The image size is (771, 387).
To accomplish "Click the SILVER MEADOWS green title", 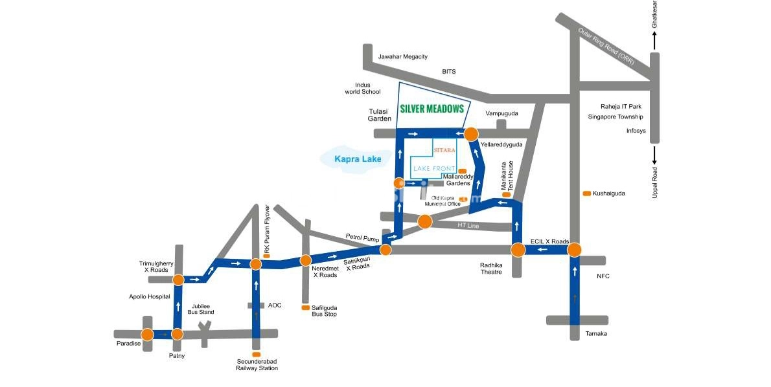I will pos(432,109).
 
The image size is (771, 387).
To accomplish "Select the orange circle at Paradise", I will pos(148,335).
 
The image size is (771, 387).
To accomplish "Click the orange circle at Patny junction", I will pos(176,335).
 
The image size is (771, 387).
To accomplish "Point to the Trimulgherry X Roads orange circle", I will pos(178,280).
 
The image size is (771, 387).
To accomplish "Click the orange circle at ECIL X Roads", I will pos(574,250).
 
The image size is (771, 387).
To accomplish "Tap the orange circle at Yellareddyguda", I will pos(471,134).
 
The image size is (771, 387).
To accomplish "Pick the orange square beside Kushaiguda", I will pos(586,193).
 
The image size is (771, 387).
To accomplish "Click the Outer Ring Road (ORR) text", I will pos(607,45).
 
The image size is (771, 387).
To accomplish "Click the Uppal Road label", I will pos(655,182).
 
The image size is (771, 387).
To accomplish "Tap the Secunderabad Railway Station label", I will pos(257,364).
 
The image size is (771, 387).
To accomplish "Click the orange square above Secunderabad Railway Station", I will pos(257,355).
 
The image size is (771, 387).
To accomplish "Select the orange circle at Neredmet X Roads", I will pos(305,260).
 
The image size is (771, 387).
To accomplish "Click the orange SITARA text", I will pos(445,149).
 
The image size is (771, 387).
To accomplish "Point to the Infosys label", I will pos(636,131).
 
